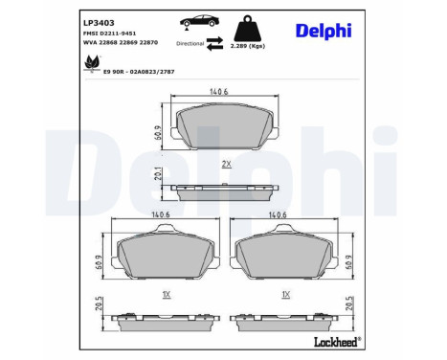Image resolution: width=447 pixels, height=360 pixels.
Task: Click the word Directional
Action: (x=190, y=44)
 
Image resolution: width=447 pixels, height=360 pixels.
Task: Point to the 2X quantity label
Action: (x=227, y=165)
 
